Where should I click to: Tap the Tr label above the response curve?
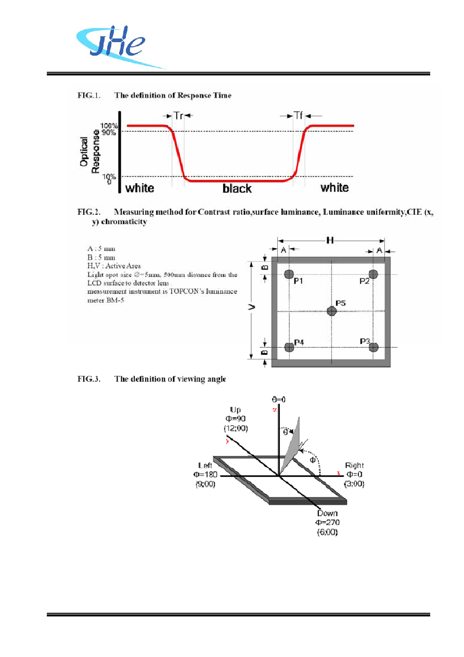coord(178,116)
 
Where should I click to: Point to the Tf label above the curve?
coord(299,115)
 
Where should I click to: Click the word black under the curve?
coord(237,189)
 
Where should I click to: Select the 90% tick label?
coord(109,133)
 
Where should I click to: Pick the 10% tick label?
coord(109,176)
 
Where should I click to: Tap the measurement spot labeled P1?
coord(289,274)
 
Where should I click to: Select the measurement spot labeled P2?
coord(373,274)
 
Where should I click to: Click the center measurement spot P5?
coord(331,311)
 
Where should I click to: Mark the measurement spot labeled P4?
coord(289,347)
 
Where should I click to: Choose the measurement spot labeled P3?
coord(373,347)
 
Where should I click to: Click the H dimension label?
coord(330,240)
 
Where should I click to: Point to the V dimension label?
coord(252,307)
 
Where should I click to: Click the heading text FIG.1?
coord(89,95)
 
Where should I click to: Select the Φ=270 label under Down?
coord(327,522)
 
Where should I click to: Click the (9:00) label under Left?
coord(205,484)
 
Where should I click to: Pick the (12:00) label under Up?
coord(236,429)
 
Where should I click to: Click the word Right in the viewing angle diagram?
coord(354,466)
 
